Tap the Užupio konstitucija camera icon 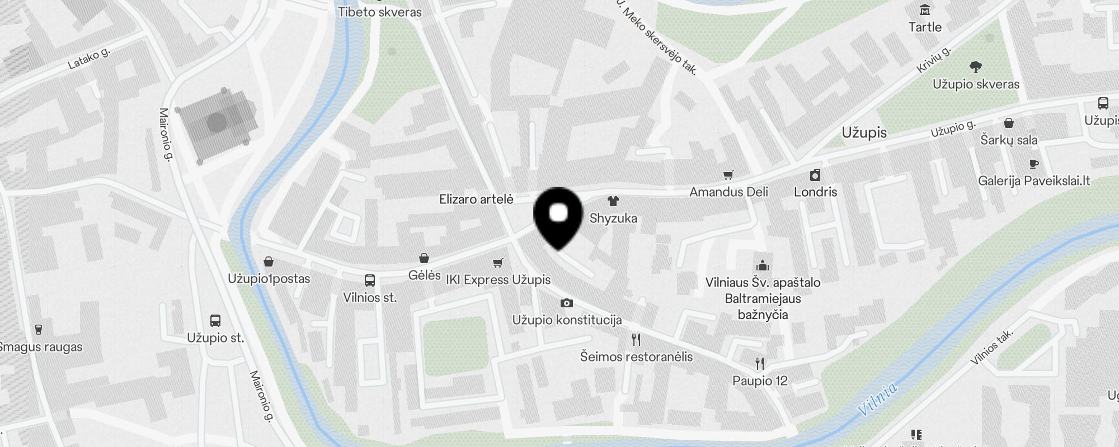567,303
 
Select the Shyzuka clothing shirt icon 613,201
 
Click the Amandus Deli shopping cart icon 728,175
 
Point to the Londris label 815,192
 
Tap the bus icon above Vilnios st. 370,280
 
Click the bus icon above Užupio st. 215,321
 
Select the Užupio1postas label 269,278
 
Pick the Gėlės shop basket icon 424,258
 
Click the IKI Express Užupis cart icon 498,263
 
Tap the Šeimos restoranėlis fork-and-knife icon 636,340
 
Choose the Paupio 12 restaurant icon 759,364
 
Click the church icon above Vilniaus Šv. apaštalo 763,265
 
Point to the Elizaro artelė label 476,199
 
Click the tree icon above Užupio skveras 976,68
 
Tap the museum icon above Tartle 925,10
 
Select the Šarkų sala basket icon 1009,123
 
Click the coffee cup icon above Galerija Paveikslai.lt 1033,164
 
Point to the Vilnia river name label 877,398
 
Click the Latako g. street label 89,58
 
